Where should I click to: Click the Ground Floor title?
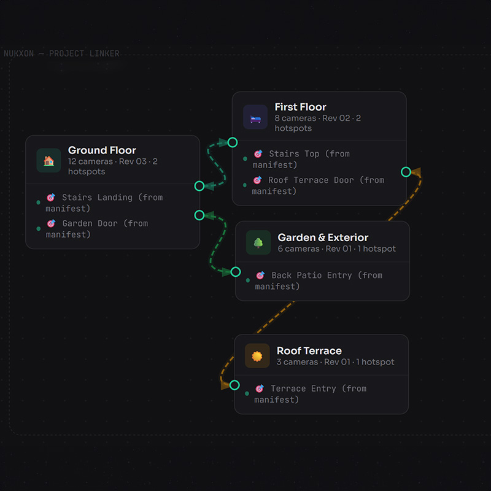[x=102, y=150]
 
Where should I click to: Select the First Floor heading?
[x=300, y=107]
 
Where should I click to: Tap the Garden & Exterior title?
[x=323, y=238]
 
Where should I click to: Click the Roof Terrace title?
[x=309, y=351]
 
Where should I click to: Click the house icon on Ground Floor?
[x=48, y=160]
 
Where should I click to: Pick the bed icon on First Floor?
[x=255, y=117]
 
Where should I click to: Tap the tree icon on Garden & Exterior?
[x=258, y=243]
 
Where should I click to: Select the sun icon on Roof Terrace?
[x=257, y=356]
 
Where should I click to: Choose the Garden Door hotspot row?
[x=98, y=228]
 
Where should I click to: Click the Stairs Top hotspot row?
[x=301, y=159]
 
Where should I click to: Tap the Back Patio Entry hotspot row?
[x=319, y=280]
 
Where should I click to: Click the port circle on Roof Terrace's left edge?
[x=234, y=385]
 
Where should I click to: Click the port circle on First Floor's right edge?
[x=406, y=172]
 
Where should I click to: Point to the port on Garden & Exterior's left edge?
[x=236, y=271]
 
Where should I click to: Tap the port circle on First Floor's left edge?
[x=233, y=142]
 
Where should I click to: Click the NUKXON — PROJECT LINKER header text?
[x=61, y=53]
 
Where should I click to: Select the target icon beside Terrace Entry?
[x=259, y=389]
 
